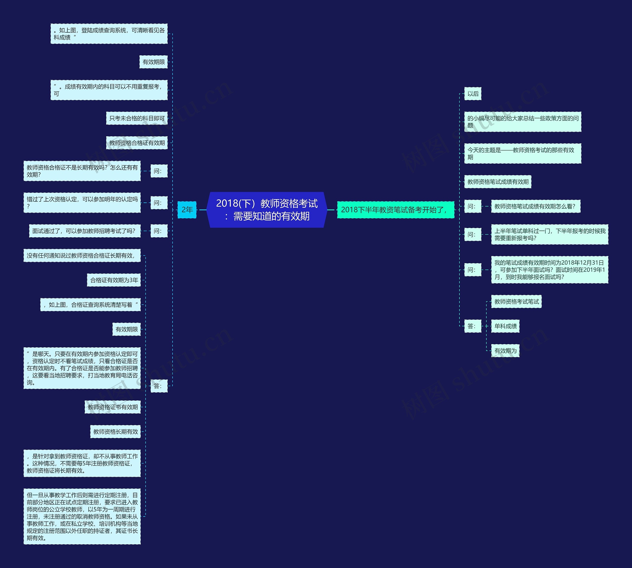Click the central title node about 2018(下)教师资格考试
(267, 210)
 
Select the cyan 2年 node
(187, 210)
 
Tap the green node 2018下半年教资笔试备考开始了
(395, 210)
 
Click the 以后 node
(473, 94)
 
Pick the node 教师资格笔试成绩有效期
(498, 182)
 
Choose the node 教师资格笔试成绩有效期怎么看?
(535, 206)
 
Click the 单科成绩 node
(505, 326)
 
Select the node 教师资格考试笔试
(516, 301)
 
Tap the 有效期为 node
(505, 351)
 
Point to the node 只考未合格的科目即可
(137, 118)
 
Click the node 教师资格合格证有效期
(137, 143)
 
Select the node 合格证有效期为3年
(114, 280)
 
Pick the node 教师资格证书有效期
(113, 407)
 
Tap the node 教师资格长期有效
(116, 432)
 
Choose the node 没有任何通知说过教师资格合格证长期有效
(82, 255)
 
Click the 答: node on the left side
(159, 386)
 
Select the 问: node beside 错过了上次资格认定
(159, 203)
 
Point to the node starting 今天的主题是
(522, 154)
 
